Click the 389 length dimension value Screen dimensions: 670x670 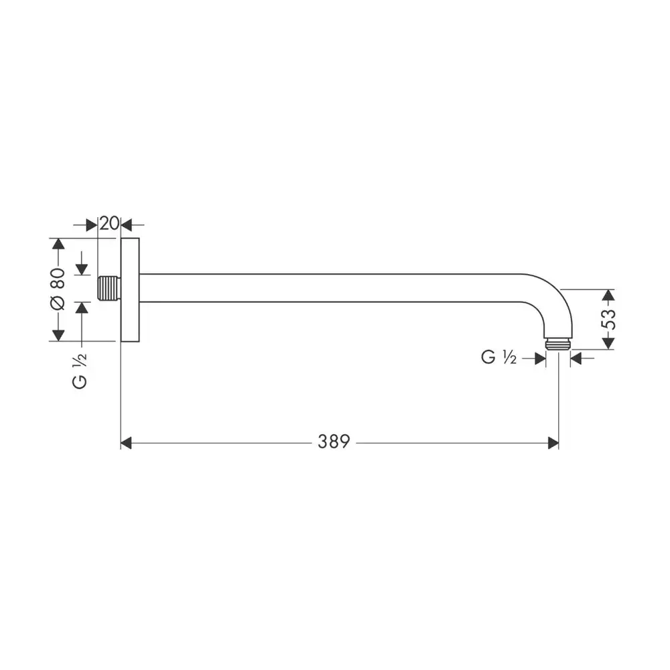click(334, 442)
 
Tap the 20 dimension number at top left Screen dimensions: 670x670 click(109, 223)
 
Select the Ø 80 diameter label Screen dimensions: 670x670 click(58, 289)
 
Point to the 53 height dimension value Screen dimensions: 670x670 click(608, 319)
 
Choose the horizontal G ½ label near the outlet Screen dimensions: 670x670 click(498, 357)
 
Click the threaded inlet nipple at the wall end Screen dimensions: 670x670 click(109, 288)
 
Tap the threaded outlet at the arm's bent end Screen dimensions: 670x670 click(559, 344)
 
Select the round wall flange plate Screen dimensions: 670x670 click(130, 289)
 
